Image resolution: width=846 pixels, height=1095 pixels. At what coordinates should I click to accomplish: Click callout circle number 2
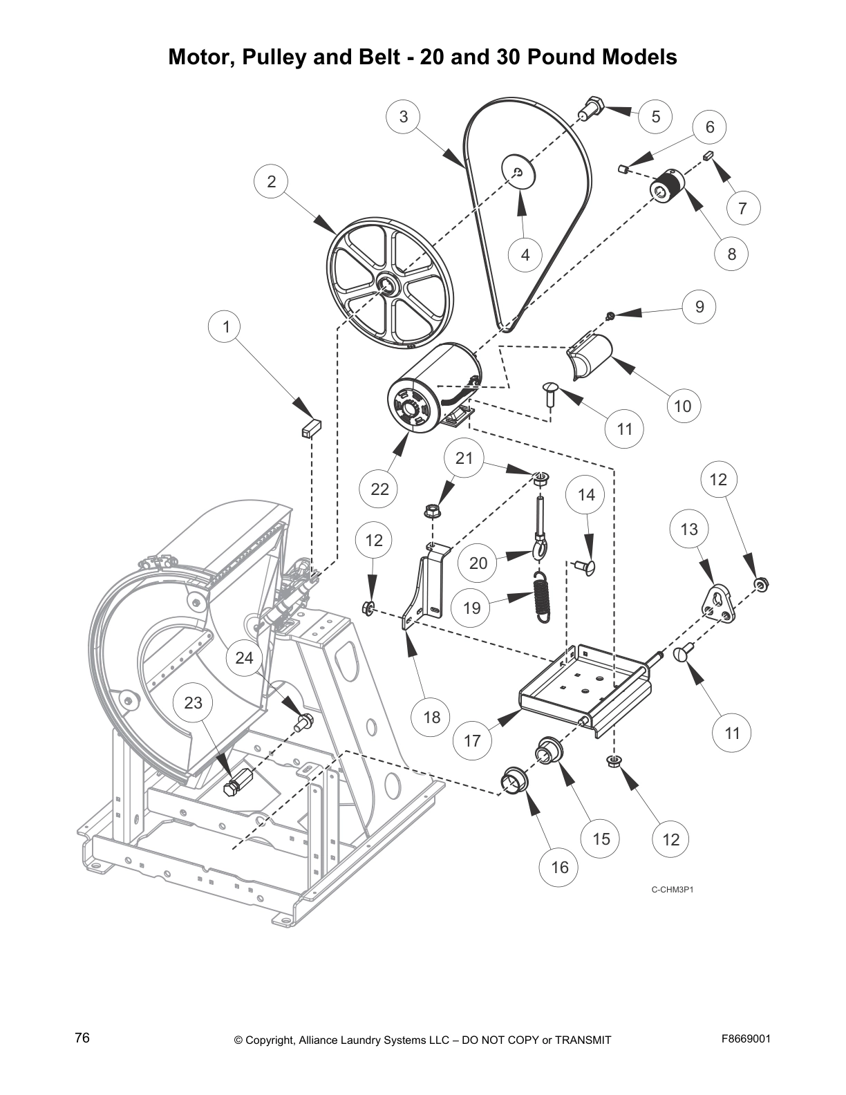[271, 181]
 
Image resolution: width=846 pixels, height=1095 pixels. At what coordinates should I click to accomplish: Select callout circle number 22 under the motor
[379, 489]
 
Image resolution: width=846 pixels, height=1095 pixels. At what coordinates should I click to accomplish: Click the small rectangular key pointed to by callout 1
[311, 429]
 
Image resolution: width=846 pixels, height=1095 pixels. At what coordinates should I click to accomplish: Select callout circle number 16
[559, 866]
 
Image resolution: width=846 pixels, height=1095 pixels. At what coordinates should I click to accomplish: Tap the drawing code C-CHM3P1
[672, 889]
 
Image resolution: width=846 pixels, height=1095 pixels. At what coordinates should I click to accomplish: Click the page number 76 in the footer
[82, 1038]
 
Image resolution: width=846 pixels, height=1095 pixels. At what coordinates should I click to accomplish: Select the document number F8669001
[746, 1038]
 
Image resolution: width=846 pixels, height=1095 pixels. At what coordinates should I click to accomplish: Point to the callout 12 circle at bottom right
[670, 839]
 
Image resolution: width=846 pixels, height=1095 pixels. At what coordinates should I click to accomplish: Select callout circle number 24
[244, 657]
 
